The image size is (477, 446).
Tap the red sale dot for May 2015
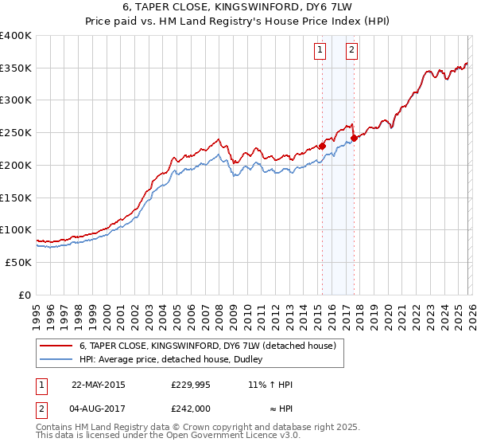tap(322, 146)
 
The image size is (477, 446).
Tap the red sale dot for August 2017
tap(354, 138)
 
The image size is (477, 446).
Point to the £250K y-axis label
tap(16, 133)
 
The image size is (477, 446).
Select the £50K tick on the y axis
tap(19, 262)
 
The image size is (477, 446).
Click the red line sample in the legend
tap(56, 346)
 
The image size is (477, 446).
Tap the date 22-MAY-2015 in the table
tap(98, 385)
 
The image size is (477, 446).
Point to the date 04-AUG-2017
tap(98, 409)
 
